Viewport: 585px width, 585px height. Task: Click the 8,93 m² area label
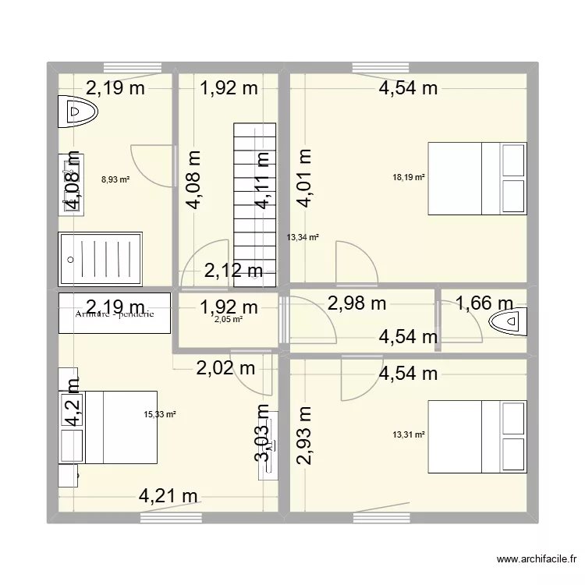(115, 179)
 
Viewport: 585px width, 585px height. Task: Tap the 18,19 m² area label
(409, 178)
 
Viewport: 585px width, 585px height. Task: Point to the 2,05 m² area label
(229, 318)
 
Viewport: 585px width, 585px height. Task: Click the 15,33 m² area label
(160, 414)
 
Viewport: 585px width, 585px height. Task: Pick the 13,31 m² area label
(409, 435)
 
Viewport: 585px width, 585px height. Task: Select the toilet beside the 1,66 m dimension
(506, 321)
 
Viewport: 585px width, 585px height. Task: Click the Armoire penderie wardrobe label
(115, 314)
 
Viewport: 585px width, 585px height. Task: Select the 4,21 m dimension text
(168, 495)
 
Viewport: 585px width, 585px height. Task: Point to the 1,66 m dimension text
(484, 302)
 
